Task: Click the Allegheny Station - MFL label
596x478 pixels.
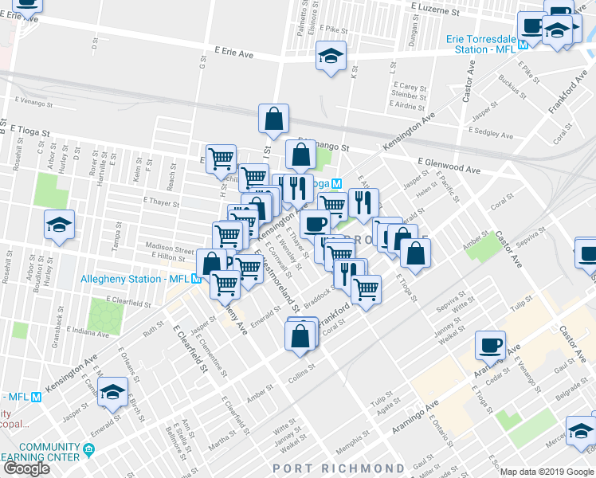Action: (x=134, y=279)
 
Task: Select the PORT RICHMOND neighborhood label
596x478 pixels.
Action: (x=339, y=468)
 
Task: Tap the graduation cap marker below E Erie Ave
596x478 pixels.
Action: (x=331, y=57)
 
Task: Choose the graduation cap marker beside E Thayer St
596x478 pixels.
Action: (x=59, y=226)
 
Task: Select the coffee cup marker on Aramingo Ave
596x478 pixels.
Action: (x=490, y=345)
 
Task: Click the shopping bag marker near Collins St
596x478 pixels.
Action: (x=300, y=335)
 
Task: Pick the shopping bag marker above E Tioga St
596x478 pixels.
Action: (x=273, y=119)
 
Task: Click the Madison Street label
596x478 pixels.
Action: (x=169, y=249)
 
